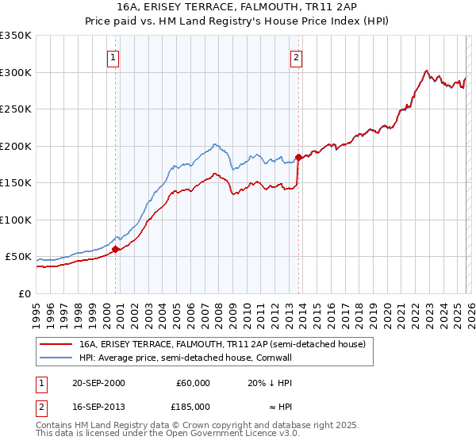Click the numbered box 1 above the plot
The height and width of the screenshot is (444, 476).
(113, 57)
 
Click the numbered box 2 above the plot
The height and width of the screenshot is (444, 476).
(296, 57)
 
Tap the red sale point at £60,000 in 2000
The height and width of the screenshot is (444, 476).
(115, 249)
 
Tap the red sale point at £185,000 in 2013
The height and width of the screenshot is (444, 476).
(297, 157)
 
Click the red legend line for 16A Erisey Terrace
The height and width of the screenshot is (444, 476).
(56, 345)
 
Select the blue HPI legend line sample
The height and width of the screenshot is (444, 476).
(56, 358)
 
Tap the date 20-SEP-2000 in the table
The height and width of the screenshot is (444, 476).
(98, 382)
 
